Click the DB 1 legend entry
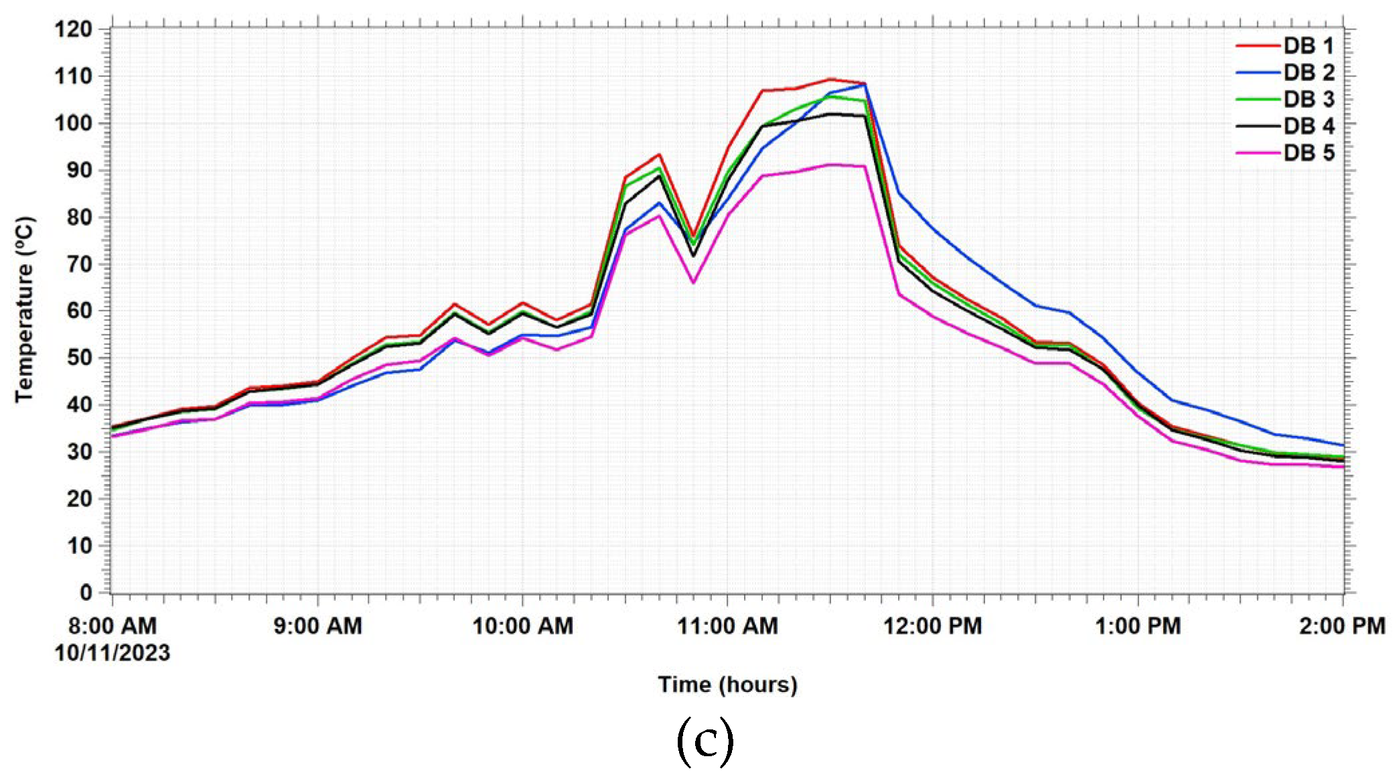[x=1308, y=46]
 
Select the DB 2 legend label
[x=1309, y=73]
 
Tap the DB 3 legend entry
[x=1308, y=100]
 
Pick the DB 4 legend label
[x=1309, y=127]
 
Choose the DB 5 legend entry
[x=1308, y=153]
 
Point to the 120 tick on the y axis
[x=74, y=29]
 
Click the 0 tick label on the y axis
[x=86, y=593]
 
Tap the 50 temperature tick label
[x=79, y=358]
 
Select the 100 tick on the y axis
[x=74, y=123]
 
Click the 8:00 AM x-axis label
[x=113, y=626]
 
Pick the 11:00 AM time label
[x=728, y=626]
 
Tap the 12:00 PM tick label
[x=933, y=626]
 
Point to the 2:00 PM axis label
[x=1342, y=626]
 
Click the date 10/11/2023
[x=113, y=653]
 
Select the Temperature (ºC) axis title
[x=24, y=309]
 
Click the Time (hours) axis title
[x=728, y=685]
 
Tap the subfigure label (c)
[x=705, y=742]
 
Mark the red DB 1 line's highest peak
[x=830, y=79]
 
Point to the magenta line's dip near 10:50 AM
[x=694, y=283]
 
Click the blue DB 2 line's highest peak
[x=865, y=84]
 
